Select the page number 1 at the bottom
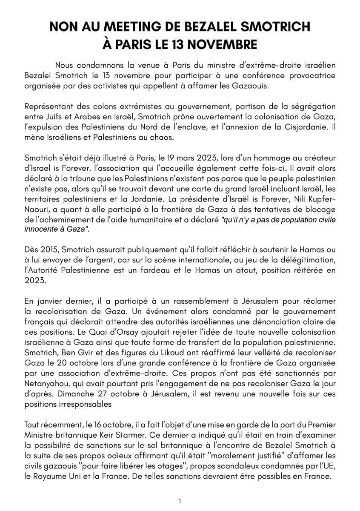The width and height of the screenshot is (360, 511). click(x=180, y=501)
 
